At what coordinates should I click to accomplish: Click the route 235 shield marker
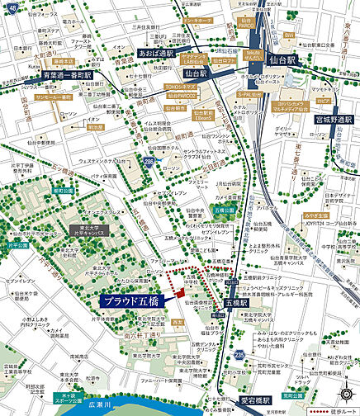239,354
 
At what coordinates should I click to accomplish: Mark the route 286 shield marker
149,163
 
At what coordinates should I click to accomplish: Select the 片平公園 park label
18,245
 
